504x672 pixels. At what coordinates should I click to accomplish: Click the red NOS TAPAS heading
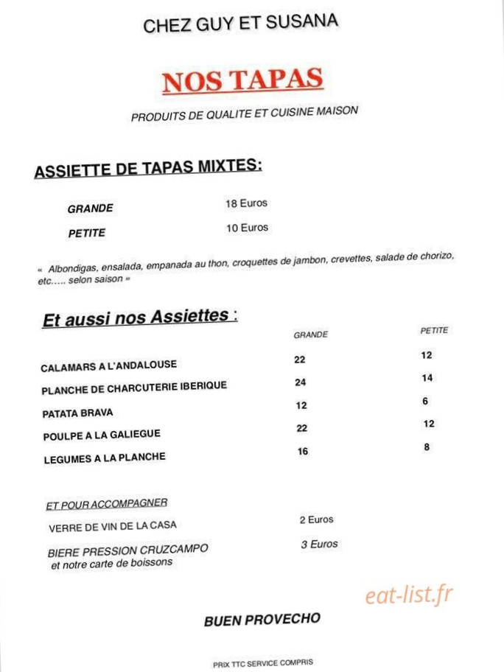click(x=242, y=80)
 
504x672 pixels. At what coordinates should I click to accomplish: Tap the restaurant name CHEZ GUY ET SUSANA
click(x=241, y=24)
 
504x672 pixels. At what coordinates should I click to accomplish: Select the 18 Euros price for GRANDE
click(x=246, y=203)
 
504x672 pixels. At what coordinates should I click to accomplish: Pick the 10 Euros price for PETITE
click(x=247, y=228)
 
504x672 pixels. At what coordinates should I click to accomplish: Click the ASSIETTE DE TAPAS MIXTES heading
click(x=148, y=169)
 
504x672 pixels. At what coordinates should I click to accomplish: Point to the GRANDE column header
click(x=310, y=335)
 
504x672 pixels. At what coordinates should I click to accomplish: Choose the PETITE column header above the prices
click(x=434, y=331)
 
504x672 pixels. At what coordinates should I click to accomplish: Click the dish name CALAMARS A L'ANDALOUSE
click(x=109, y=365)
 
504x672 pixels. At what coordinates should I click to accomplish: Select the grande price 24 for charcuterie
click(x=300, y=382)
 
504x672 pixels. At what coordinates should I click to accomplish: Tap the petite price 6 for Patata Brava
click(x=425, y=402)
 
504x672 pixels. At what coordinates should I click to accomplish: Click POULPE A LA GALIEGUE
click(x=102, y=435)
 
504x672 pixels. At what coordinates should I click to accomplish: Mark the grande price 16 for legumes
click(x=303, y=452)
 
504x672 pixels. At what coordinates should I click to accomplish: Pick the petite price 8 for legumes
click(x=427, y=447)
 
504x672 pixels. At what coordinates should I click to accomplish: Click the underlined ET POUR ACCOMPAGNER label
click(x=107, y=504)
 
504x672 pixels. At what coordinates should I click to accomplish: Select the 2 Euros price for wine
click(x=316, y=519)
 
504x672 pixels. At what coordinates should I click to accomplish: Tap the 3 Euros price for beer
click(x=319, y=544)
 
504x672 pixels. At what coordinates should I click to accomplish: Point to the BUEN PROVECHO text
click(x=262, y=620)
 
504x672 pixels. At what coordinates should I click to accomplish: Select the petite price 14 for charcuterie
click(x=427, y=378)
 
